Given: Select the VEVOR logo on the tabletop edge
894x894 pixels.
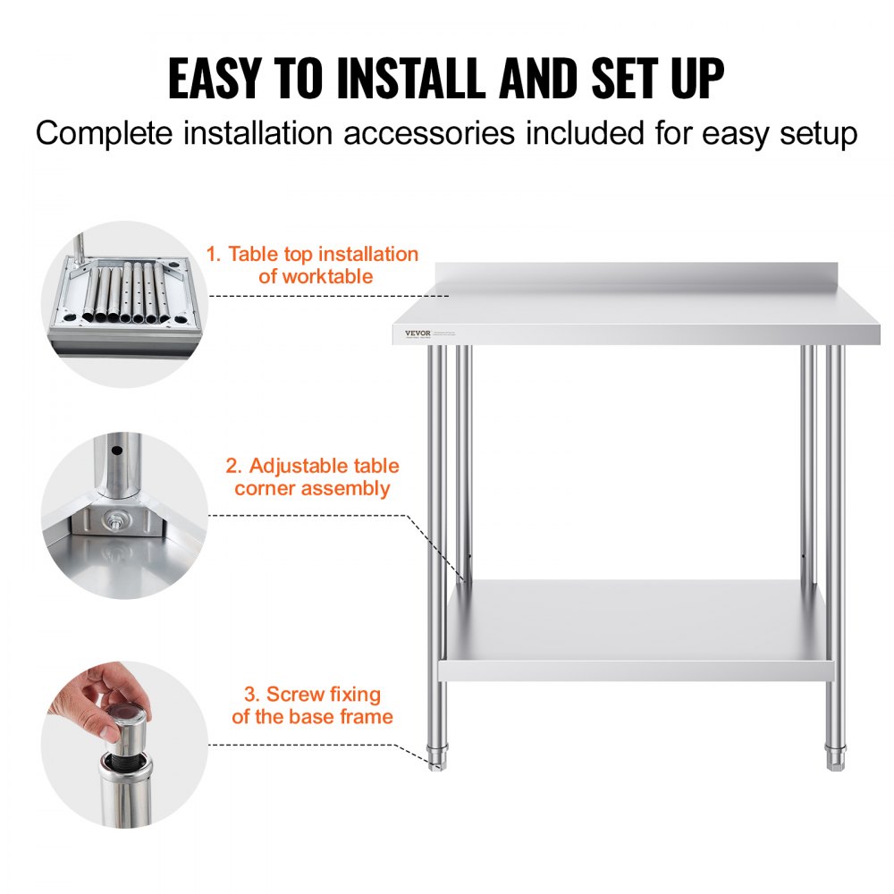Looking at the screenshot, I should pyautogui.click(x=417, y=333).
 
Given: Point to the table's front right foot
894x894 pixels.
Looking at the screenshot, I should pyautogui.click(x=835, y=758).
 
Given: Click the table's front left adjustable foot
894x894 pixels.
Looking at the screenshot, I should pyautogui.click(x=437, y=758).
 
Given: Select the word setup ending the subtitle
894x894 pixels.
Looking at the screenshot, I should pyautogui.click(x=811, y=134).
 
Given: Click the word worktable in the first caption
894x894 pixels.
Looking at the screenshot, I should pyautogui.click(x=327, y=277).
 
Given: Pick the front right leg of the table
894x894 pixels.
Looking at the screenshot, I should pyautogui.click(x=834, y=536).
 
